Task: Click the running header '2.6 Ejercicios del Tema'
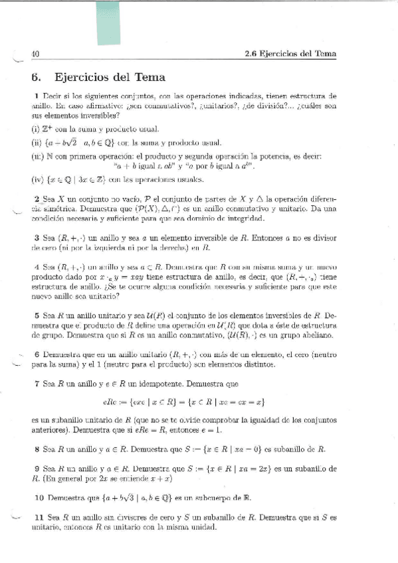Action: pos(290,54)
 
